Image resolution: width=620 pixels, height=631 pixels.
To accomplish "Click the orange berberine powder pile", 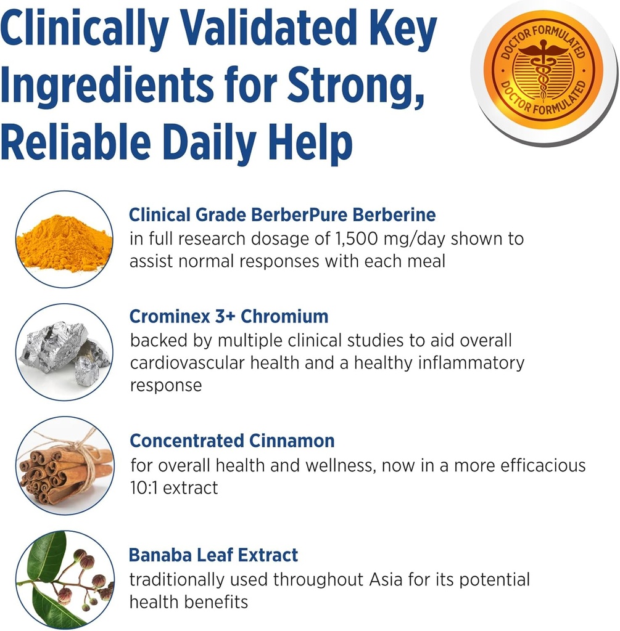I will coord(64,243).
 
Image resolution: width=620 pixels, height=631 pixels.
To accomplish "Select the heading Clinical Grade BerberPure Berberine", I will coord(282,214).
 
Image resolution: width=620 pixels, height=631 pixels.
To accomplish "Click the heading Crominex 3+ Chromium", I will coord(228,317).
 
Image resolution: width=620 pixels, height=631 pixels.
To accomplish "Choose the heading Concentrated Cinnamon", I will coord(232,441).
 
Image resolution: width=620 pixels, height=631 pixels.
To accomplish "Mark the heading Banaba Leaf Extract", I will coord(213,555).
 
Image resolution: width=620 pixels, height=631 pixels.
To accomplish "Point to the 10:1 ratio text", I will coord(146,488).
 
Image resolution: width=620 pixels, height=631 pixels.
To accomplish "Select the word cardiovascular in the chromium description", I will coord(200,362).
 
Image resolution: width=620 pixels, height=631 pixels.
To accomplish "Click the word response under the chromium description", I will coord(165,386).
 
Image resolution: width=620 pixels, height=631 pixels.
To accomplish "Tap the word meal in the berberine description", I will coord(424,261).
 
